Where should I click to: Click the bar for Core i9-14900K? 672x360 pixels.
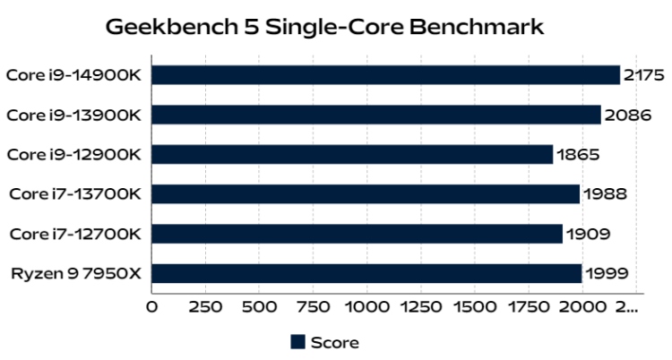pyautogui.click(x=385, y=75)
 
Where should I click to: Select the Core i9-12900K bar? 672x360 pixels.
pyautogui.click(x=352, y=154)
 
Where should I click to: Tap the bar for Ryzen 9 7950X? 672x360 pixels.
pyautogui.click(x=366, y=273)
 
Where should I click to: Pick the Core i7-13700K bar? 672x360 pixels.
pyautogui.click(x=366, y=193)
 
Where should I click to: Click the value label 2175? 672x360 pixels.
pyautogui.click(x=644, y=75)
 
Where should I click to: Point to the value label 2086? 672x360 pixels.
pyautogui.click(x=627, y=115)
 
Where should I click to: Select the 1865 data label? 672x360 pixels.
pyautogui.click(x=578, y=154)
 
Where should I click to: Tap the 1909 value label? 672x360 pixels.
pyautogui.click(x=588, y=234)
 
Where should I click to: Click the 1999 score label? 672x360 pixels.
pyautogui.click(x=605, y=273)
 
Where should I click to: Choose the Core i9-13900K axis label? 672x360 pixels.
pyautogui.click(x=73, y=115)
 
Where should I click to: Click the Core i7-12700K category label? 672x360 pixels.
pyautogui.click(x=75, y=234)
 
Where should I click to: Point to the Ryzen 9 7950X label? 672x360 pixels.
pyautogui.click(x=76, y=273)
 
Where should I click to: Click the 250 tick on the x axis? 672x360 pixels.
pyautogui.click(x=208, y=307)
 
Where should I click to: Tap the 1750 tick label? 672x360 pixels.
pyautogui.click(x=528, y=307)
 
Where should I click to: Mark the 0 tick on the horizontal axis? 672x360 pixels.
pyautogui.click(x=151, y=307)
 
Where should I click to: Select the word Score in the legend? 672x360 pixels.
pyautogui.click(x=335, y=342)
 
